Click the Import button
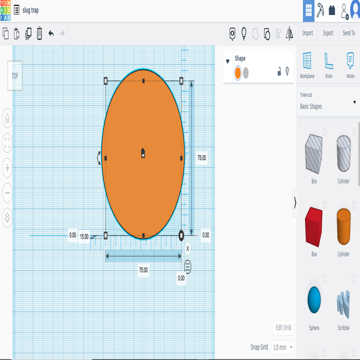[307, 33]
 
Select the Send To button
[348, 33]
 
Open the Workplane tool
[307, 64]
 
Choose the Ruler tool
[329, 64]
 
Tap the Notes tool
[350, 64]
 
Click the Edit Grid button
[283, 327]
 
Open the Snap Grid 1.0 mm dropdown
[283, 347]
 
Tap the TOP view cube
[15, 76]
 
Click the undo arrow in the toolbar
[51, 34]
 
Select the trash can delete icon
[39, 34]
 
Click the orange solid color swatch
[238, 72]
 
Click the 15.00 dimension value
[84, 236]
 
